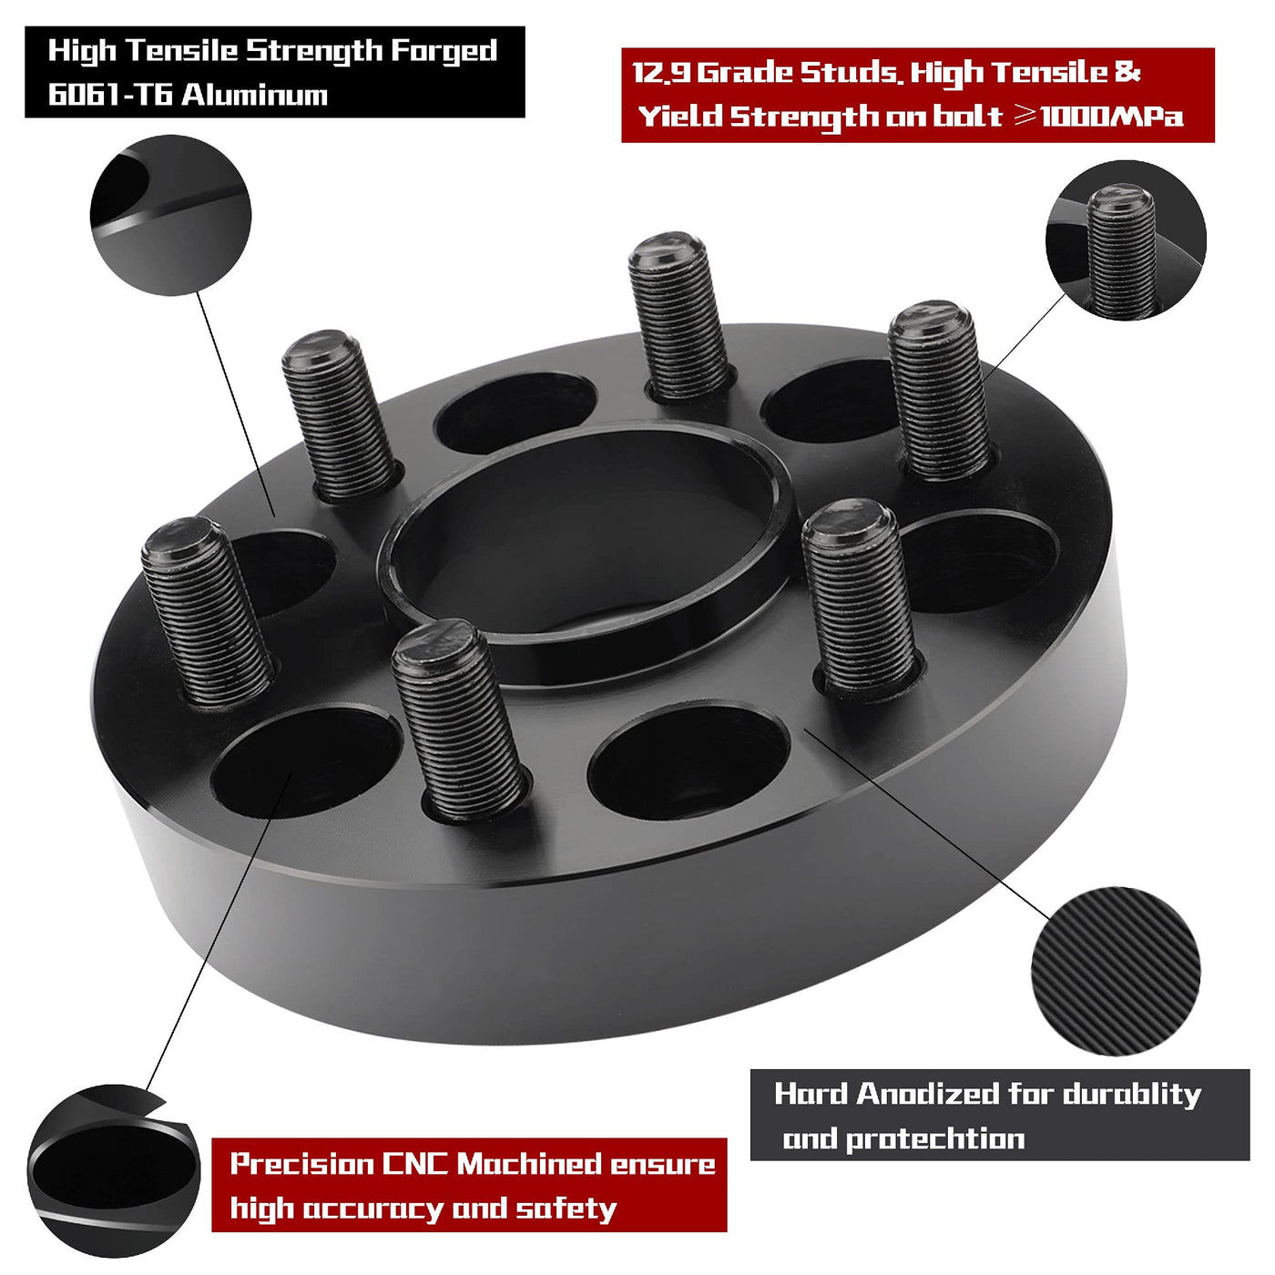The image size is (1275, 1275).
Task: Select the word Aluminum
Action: tap(255, 96)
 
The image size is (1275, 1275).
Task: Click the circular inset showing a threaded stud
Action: tap(1126, 240)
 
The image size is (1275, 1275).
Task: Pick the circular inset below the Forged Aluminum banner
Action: tap(170, 216)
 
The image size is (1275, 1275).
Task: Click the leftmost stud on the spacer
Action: tap(207, 611)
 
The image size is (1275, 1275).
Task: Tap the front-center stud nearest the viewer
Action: tap(458, 719)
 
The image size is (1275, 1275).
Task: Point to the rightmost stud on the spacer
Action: tap(938, 390)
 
